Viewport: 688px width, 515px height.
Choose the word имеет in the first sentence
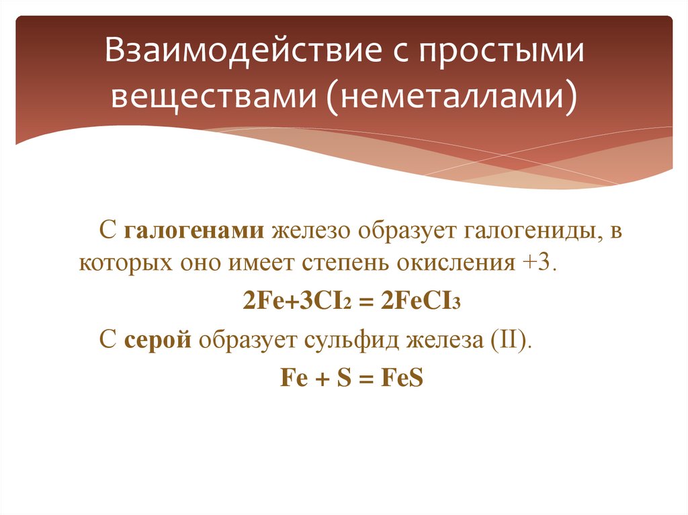pyautogui.click(x=261, y=261)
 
